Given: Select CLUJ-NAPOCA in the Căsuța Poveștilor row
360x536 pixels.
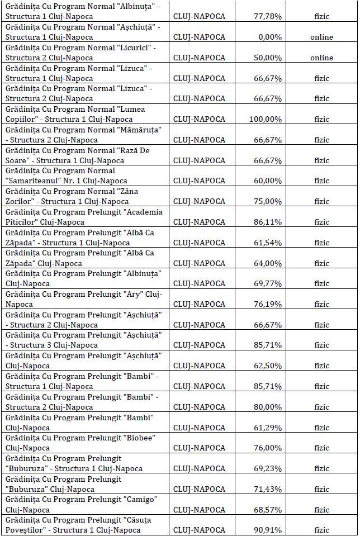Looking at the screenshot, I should tap(200, 530).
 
